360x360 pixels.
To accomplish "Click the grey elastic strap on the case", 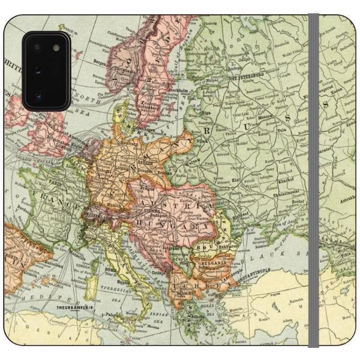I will tap(313, 180).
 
